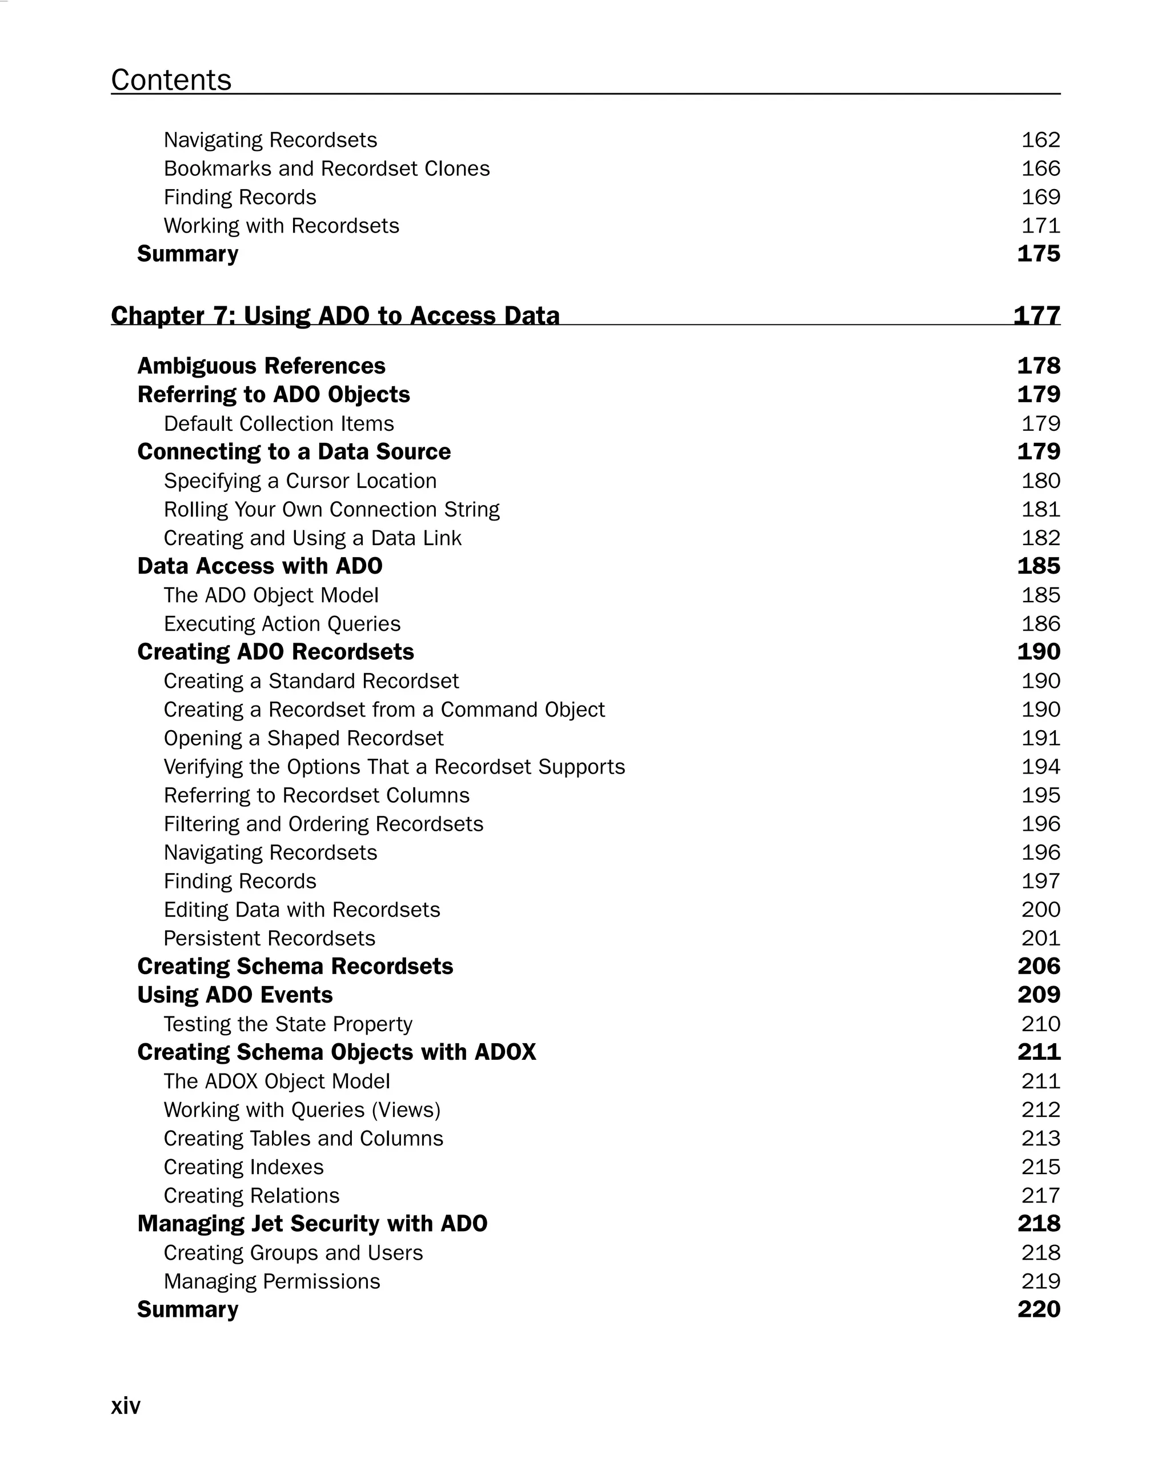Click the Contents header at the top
click(x=171, y=80)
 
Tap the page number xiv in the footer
click(x=126, y=1405)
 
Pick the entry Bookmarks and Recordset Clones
click(x=327, y=169)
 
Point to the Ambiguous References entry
click(x=261, y=366)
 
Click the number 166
click(x=1040, y=169)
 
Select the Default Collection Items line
click(x=278, y=423)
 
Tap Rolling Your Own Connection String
click(x=331, y=509)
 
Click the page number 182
click(x=1040, y=538)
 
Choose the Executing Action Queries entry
click(x=282, y=624)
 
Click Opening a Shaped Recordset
click(x=303, y=738)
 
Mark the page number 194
click(x=1040, y=767)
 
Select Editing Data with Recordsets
click(x=302, y=910)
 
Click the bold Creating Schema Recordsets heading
click(x=295, y=966)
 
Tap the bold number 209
click(x=1039, y=995)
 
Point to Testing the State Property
click(x=288, y=1024)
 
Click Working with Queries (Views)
click(x=302, y=1110)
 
